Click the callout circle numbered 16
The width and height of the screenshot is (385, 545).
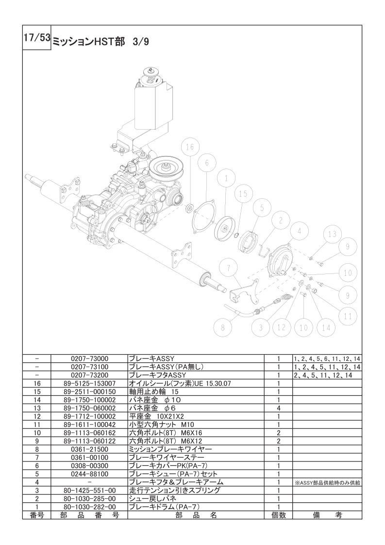(190, 147)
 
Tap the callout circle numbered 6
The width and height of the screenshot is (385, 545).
(206, 164)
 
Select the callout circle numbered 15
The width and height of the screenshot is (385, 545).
(243, 193)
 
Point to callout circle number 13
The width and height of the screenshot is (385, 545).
(332, 234)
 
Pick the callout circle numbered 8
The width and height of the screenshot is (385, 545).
(223, 327)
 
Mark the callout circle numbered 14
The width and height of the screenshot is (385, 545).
(326, 327)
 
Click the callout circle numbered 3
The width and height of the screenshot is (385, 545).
(261, 327)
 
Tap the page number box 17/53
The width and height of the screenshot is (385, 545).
(37, 38)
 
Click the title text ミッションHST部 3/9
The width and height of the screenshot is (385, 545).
(100, 42)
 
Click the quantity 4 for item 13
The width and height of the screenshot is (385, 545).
(279, 408)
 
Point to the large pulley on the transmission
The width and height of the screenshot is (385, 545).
(164, 170)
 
